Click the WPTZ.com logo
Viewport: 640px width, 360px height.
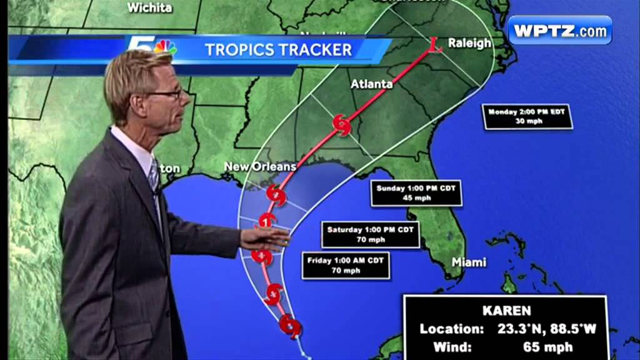(559, 30)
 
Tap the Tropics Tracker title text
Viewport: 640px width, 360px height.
(278, 49)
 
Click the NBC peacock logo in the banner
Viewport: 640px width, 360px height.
(166, 47)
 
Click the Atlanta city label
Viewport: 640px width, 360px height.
(371, 84)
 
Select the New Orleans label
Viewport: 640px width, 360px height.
(259, 166)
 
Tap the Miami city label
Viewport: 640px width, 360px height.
(469, 262)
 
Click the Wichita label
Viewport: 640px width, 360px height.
(149, 8)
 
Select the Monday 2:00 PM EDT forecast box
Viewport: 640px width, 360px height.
(527, 117)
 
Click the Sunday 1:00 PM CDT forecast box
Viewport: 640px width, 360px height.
(416, 194)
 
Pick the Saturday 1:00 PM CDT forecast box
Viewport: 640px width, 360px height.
(370, 234)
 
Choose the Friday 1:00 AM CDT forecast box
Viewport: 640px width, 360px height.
(346, 266)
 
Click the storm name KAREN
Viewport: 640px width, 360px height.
(506, 311)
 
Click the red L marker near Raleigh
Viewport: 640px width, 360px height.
(436, 44)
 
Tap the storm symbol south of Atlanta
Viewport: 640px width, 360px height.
(342, 125)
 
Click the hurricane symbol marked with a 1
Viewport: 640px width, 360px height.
(267, 221)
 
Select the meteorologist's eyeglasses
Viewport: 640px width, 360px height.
(165, 94)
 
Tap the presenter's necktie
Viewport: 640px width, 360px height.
(154, 181)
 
